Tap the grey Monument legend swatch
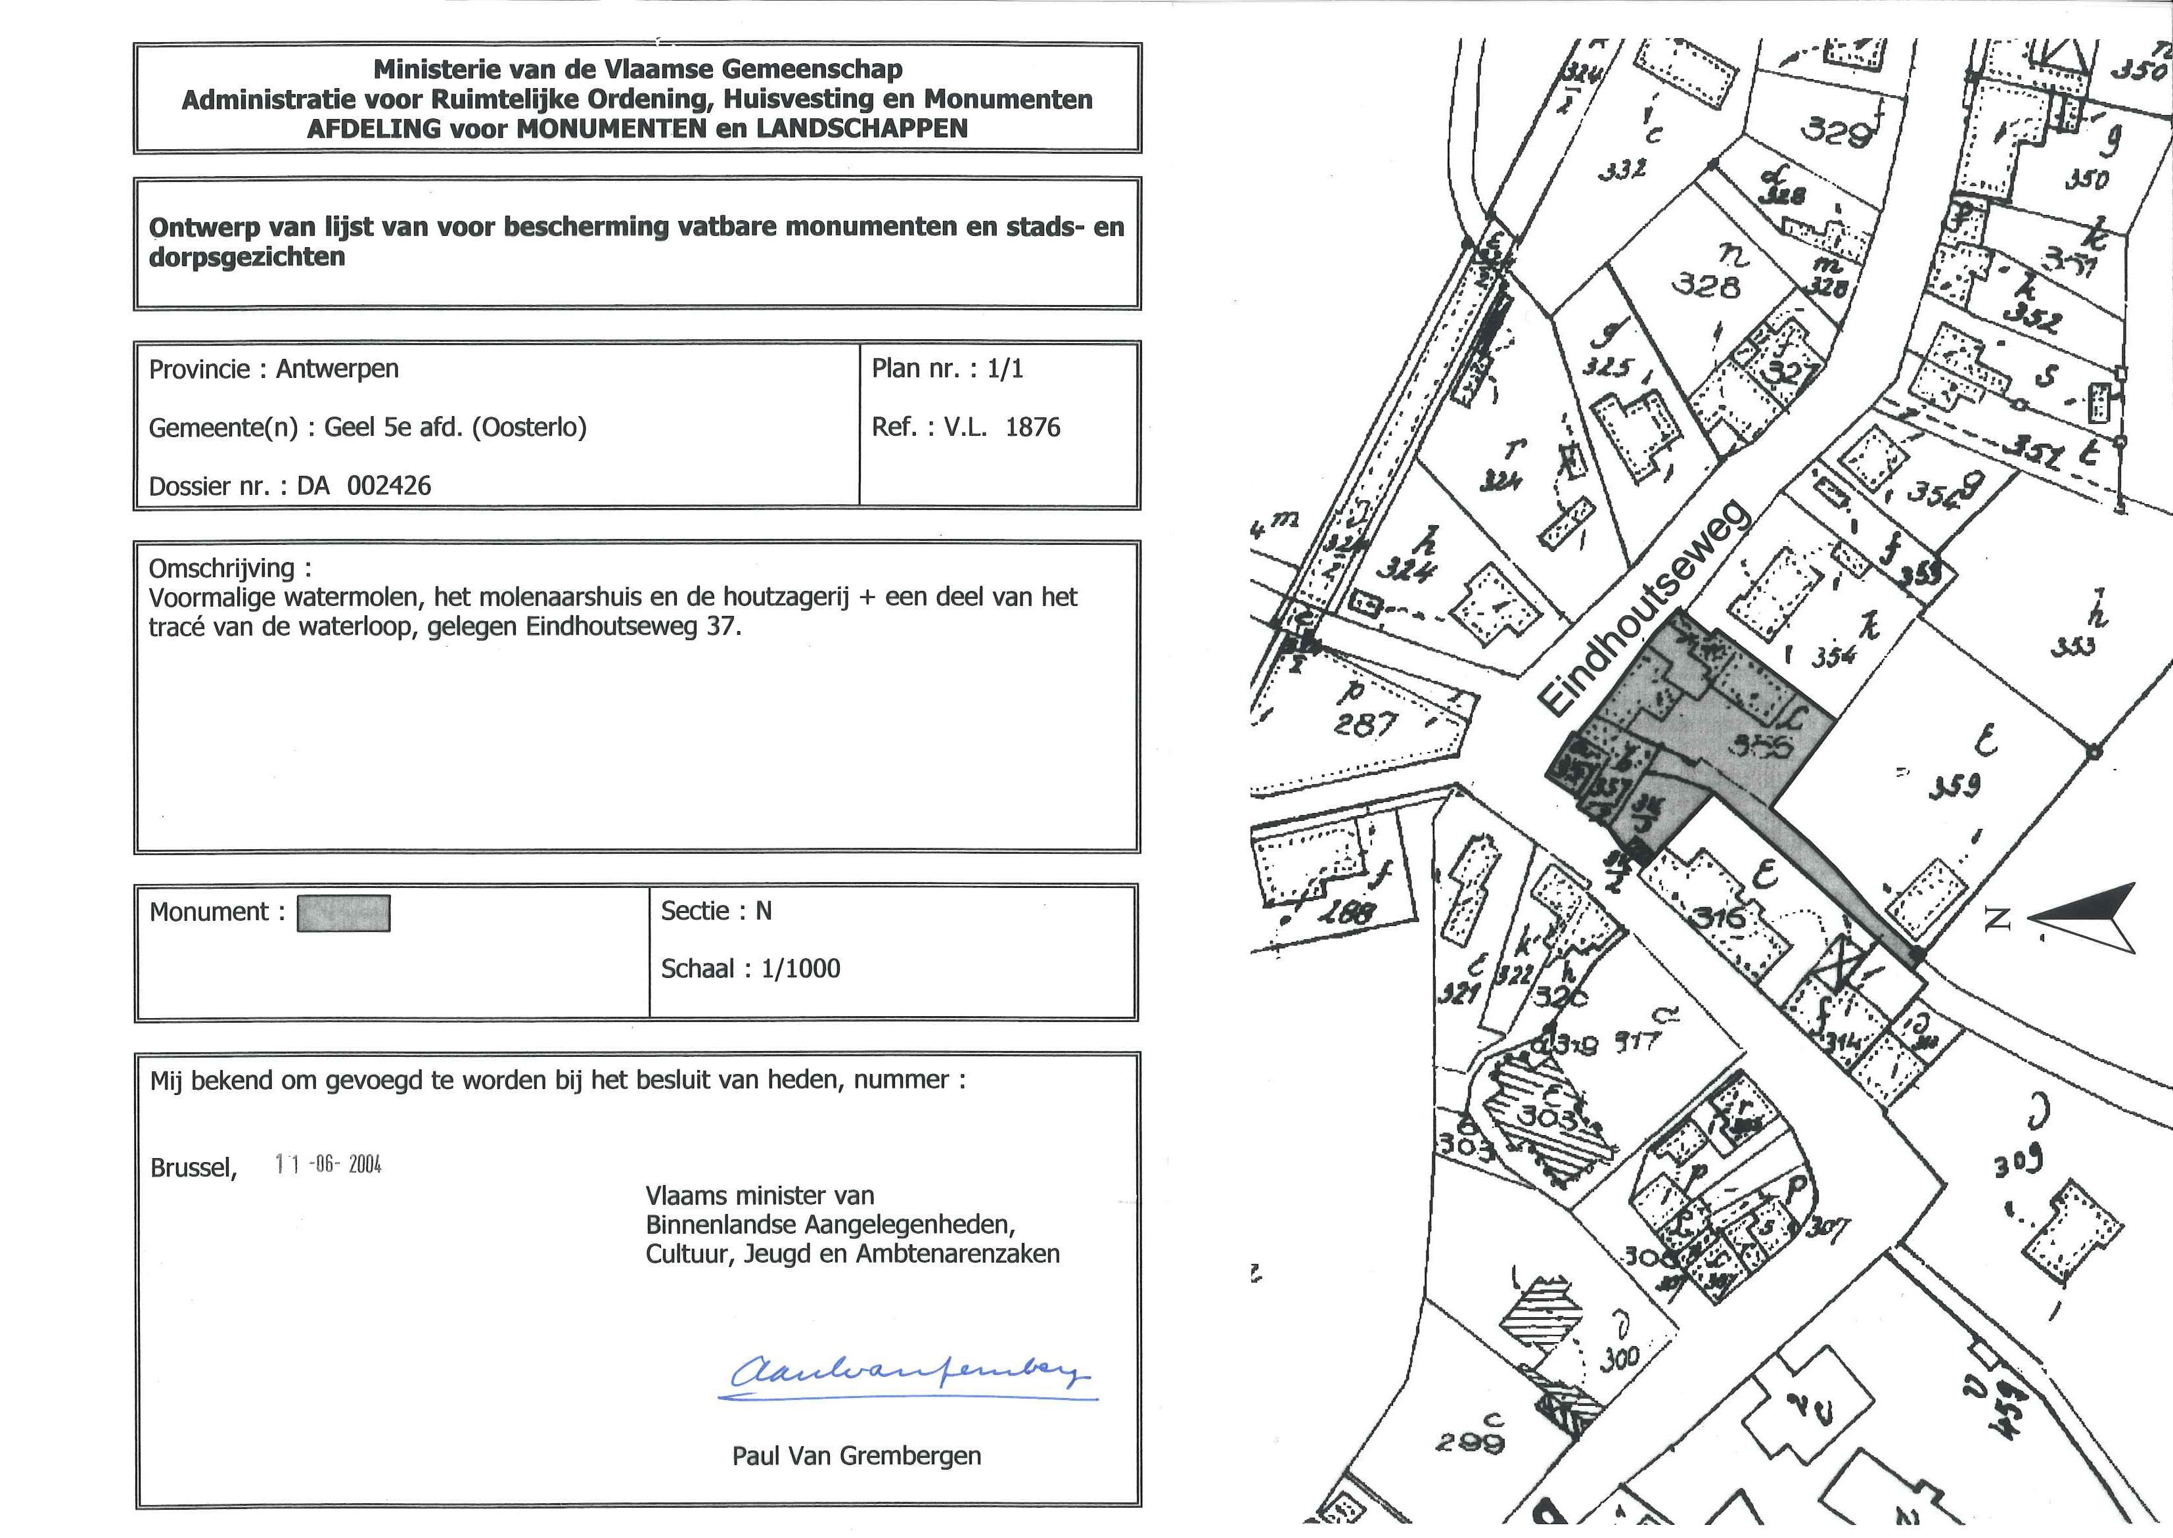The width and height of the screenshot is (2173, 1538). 343,914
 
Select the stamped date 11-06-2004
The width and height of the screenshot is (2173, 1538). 328,1165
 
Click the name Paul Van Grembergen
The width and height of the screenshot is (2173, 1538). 856,1456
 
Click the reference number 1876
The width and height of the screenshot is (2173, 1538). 1032,427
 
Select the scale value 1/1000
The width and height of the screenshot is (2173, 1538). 800,969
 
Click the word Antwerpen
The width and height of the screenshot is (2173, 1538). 337,369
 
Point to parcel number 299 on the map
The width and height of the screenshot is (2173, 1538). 1469,1444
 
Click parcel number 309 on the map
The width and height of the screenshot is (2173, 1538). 2019,1161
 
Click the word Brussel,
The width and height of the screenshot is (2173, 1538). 193,1168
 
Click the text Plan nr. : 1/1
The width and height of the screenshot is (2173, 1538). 947,369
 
